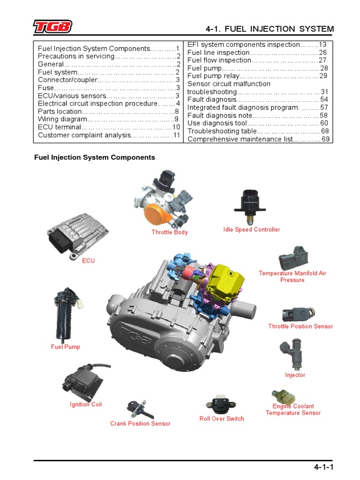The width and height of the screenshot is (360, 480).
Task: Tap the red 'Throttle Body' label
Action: (x=170, y=232)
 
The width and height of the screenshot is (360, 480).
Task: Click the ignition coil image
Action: (x=81, y=379)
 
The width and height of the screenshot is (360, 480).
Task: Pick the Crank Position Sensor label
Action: (x=140, y=424)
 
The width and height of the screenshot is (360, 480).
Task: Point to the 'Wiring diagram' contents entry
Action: (x=63, y=119)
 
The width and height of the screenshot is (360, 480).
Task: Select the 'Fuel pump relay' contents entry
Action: (x=213, y=76)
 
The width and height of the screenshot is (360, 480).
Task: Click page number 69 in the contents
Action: (x=326, y=139)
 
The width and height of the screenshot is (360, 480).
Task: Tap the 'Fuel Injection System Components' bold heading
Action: (x=95, y=157)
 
